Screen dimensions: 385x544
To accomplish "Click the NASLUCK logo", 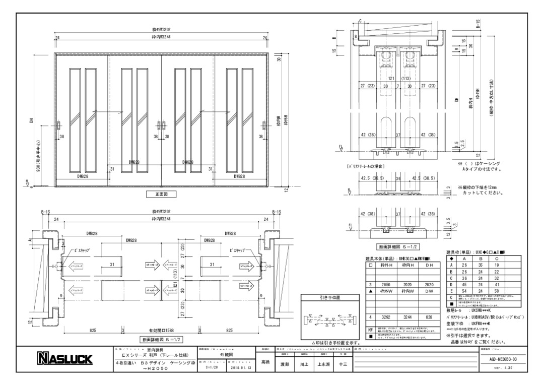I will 62,359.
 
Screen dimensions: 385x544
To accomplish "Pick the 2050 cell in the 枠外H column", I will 387,284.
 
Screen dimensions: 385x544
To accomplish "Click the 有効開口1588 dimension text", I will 162,330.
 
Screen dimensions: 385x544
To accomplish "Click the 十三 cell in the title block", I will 343,364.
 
